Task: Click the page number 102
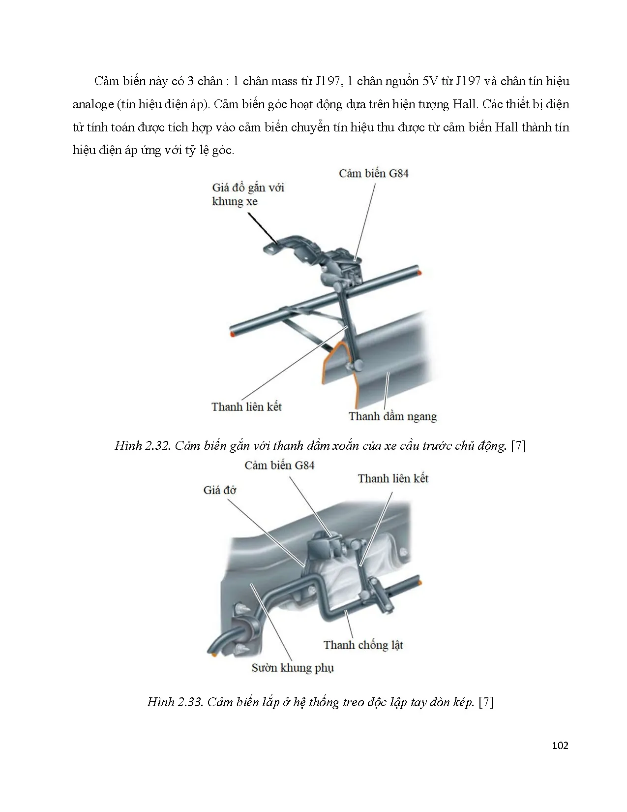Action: click(560, 745)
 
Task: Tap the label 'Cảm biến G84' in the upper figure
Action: click(373, 173)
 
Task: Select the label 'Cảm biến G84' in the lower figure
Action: click(279, 465)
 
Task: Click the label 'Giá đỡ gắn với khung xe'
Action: click(248, 194)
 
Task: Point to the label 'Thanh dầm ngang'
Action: click(392, 416)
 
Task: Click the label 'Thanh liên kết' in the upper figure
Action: click(246, 406)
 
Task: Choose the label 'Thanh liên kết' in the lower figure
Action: click(393, 478)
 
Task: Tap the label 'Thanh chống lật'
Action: click(363, 645)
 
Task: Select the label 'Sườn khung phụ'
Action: click(293, 668)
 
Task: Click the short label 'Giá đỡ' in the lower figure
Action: click(219, 490)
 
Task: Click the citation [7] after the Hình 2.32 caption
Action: click(518, 446)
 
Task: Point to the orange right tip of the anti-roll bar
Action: click(420, 582)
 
